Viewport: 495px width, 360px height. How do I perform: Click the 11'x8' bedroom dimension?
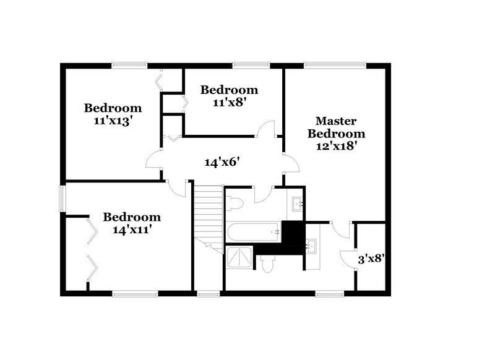click(x=229, y=103)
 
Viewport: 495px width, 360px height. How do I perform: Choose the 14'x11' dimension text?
click(x=131, y=229)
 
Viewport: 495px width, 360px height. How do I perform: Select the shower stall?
click(x=239, y=258)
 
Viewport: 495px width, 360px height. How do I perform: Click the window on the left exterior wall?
click(x=62, y=199)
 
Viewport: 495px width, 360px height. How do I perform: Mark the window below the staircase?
click(x=208, y=293)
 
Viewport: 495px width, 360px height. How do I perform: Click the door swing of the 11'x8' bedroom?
click(x=266, y=129)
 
